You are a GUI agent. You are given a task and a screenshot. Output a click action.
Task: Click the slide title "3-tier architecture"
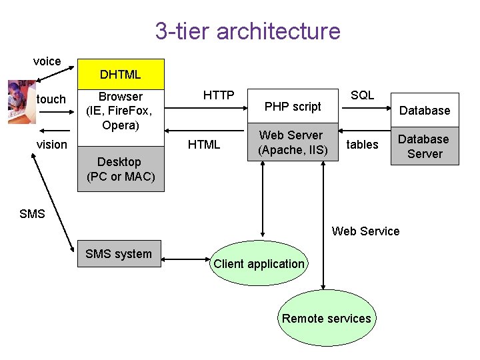tap(247, 31)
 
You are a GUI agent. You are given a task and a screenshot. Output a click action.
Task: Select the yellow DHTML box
tap(121, 74)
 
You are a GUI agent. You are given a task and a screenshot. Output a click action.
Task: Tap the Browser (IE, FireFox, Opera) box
tap(121, 111)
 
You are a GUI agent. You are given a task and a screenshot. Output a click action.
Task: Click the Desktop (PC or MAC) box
tap(121, 169)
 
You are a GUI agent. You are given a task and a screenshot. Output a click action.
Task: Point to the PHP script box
tap(293, 107)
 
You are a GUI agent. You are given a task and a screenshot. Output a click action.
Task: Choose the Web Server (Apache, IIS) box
tap(293, 143)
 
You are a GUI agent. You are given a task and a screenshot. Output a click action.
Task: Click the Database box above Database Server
tap(425, 111)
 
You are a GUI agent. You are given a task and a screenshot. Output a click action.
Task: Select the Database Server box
tap(424, 147)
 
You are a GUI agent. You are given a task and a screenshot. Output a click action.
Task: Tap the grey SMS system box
tap(119, 253)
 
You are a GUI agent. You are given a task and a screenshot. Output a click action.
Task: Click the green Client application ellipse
tap(259, 264)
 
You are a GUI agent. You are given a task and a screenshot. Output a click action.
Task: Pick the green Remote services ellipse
tap(326, 318)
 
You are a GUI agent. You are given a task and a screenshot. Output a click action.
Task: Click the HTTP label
tap(219, 96)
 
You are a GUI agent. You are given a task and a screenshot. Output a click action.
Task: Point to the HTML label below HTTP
tap(204, 145)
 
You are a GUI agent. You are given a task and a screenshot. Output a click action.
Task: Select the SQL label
tap(363, 95)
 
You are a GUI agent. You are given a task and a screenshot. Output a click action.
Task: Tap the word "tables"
tap(363, 145)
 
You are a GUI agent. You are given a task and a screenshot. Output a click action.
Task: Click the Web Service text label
tap(366, 231)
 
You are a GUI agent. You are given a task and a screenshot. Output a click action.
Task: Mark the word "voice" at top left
tap(47, 61)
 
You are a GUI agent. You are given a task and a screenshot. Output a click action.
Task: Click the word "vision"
tap(52, 145)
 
